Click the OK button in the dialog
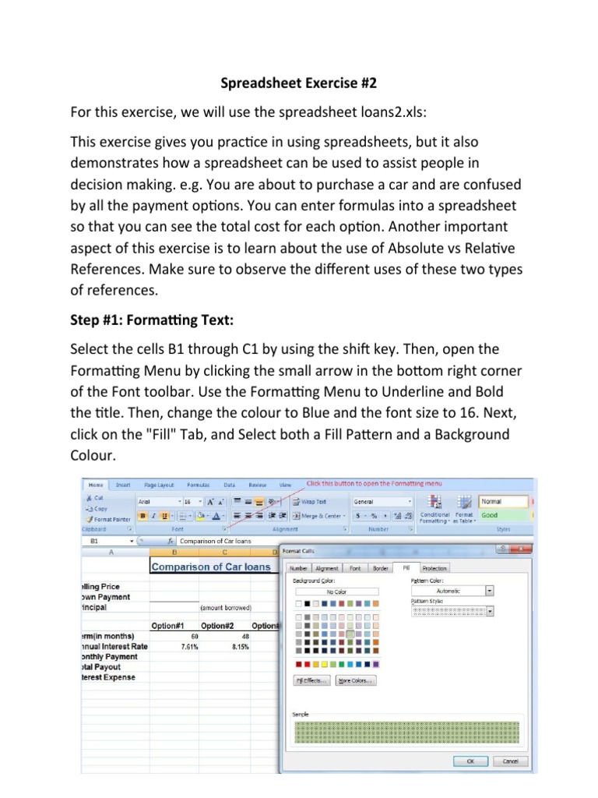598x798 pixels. (471, 761)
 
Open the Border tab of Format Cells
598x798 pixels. (380, 569)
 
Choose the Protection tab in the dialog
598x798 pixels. (434, 569)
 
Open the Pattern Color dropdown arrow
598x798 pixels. (489, 591)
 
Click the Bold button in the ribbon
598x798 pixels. (142, 515)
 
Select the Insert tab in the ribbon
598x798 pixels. (124, 484)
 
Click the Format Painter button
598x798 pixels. (111, 518)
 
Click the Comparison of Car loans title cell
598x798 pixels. (211, 567)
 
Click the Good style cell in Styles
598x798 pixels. (503, 515)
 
